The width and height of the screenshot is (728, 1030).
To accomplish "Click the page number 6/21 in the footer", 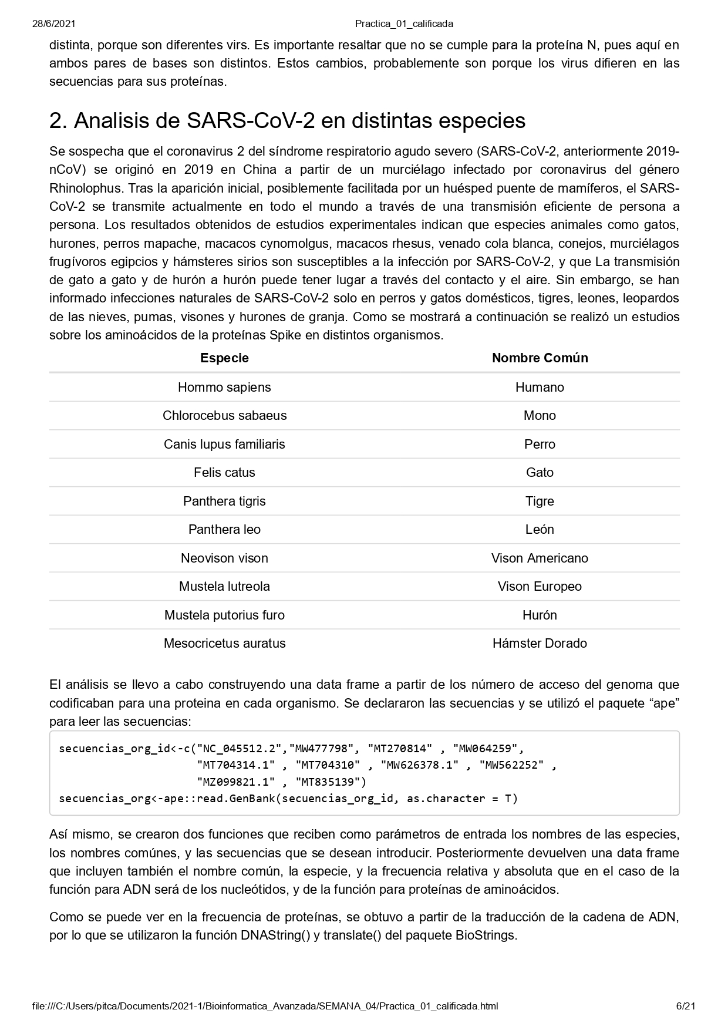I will [686, 1006].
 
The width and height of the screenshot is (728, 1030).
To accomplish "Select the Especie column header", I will [224, 358].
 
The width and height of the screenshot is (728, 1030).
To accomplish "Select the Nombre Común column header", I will [540, 358].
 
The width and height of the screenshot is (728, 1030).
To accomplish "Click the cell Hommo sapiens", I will [224, 388].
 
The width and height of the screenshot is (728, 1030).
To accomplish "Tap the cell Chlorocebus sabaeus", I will [224, 416].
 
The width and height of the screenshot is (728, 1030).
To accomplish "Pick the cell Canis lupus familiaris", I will [224, 445].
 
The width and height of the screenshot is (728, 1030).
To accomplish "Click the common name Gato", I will [540, 473].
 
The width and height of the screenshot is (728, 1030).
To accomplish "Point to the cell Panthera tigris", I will [224, 501].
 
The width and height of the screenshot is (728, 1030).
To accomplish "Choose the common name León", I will [540, 530].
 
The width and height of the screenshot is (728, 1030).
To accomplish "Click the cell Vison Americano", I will [540, 558].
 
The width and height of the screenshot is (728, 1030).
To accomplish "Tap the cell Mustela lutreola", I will [224, 587].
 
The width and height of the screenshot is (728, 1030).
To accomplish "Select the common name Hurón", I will [540, 615].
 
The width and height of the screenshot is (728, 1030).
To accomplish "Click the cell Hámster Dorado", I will [540, 644].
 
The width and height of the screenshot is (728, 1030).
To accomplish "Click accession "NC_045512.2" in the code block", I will [240, 749].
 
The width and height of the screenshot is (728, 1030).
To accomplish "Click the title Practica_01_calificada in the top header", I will [404, 24].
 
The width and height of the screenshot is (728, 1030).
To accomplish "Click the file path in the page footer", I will [265, 1006].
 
